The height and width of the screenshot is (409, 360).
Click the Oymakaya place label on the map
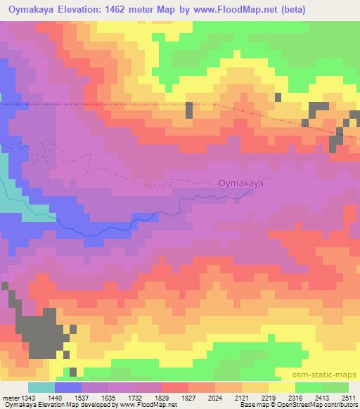[x=240, y=183]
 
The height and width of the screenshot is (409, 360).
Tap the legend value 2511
[x=349, y=398]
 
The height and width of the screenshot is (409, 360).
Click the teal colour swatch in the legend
[x=41, y=387]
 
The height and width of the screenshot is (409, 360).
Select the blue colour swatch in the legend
[x=68, y=387]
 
